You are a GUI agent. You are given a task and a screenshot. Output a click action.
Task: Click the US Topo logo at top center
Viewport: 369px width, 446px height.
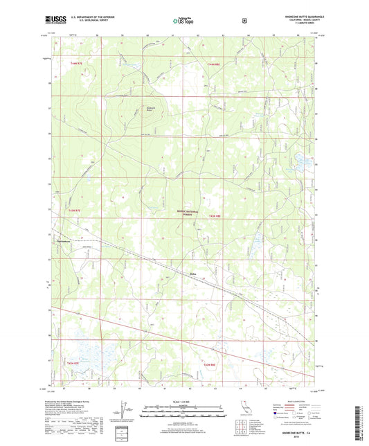[x=183, y=21]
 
